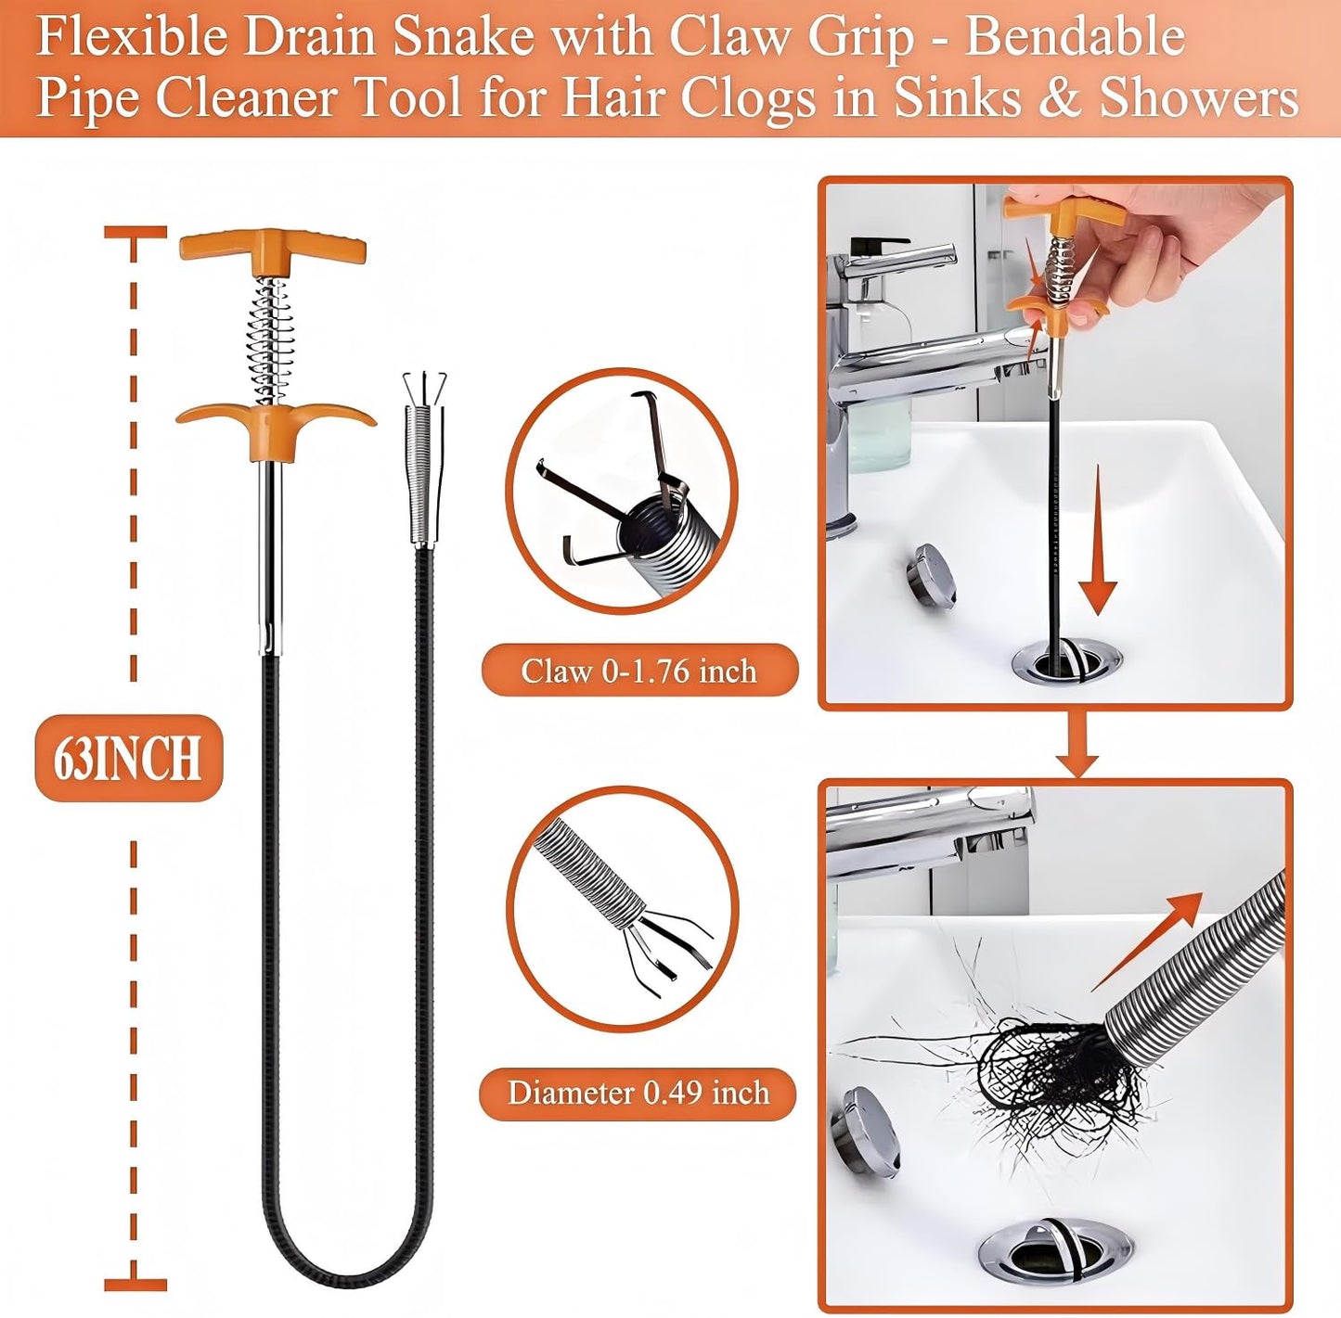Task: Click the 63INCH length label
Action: (128, 758)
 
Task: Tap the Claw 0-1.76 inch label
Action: (638, 670)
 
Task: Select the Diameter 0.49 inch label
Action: (638, 1093)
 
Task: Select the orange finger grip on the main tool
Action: (275, 422)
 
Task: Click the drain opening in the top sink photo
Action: (1065, 660)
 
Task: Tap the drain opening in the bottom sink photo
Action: (1055, 1252)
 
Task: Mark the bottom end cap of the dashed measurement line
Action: (135, 1285)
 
